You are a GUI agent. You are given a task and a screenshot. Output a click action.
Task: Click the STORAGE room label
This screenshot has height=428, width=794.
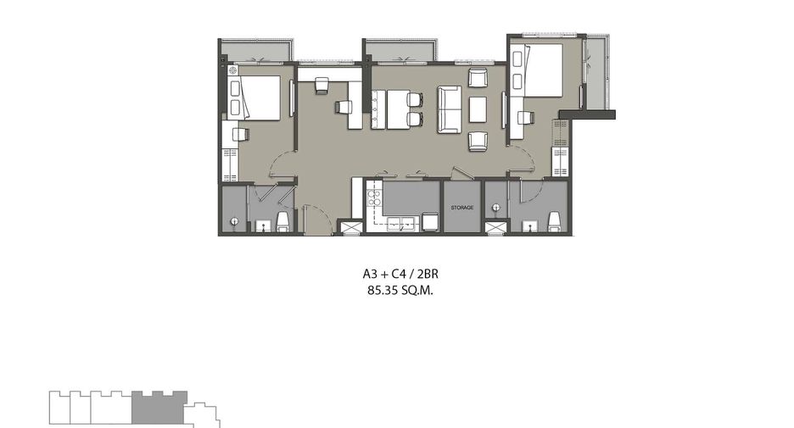[461, 208]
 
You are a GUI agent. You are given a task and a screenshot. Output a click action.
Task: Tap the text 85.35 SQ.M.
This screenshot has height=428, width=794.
[400, 291]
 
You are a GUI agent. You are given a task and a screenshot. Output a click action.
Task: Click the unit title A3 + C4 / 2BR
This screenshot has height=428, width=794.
[400, 274]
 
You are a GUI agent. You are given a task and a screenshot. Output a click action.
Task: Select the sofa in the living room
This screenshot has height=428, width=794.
[449, 109]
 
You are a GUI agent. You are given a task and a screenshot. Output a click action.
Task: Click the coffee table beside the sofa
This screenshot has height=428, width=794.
[478, 110]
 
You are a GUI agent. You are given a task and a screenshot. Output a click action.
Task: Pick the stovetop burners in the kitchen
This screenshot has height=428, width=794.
[374, 197]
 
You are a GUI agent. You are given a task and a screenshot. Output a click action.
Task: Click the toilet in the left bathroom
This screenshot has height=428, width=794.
[283, 221]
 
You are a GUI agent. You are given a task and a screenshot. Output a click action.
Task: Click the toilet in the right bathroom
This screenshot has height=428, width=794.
[555, 221]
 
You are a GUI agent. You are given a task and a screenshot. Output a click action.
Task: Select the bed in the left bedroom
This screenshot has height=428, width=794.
[260, 97]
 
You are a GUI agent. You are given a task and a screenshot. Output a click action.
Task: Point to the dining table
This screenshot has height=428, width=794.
[399, 109]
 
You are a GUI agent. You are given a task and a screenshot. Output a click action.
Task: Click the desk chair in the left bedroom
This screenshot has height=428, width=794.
[241, 134]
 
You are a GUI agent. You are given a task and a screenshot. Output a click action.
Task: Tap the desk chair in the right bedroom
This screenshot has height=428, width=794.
[526, 117]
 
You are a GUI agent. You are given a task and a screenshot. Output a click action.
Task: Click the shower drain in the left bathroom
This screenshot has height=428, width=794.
[234, 221]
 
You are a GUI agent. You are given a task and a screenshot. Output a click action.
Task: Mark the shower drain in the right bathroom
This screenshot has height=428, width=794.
[495, 208]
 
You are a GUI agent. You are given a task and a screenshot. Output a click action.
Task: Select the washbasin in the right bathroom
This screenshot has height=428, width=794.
[529, 225]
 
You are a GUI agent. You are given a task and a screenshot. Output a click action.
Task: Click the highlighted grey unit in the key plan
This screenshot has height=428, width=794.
[159, 408]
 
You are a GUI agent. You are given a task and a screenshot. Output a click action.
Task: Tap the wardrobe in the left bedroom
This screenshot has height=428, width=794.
[231, 165]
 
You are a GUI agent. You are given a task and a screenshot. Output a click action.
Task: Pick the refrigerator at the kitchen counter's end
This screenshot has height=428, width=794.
[430, 222]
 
